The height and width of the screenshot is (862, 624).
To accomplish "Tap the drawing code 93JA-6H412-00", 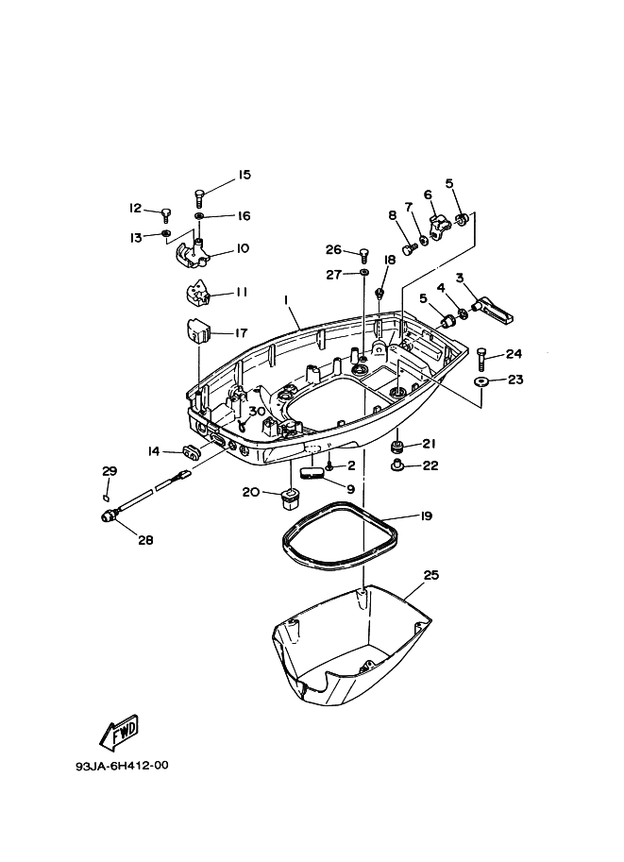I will pyautogui.click(x=123, y=766).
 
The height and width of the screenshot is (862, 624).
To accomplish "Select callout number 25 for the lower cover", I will pyautogui.click(x=430, y=574).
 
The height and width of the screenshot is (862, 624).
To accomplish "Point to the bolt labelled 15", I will pyautogui.click(x=200, y=196).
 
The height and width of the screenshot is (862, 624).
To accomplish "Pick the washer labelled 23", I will pyautogui.click(x=481, y=381).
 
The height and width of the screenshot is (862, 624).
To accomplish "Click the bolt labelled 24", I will pyautogui.click(x=482, y=358).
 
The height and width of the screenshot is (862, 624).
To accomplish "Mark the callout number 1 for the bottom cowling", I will pyautogui.click(x=285, y=299).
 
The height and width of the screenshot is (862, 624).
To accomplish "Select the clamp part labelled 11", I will pyautogui.click(x=194, y=295).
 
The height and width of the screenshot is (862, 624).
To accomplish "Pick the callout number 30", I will pyautogui.click(x=257, y=411).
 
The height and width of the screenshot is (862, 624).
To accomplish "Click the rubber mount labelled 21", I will pyautogui.click(x=399, y=446).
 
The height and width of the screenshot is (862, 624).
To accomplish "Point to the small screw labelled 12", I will pyautogui.click(x=166, y=212).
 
